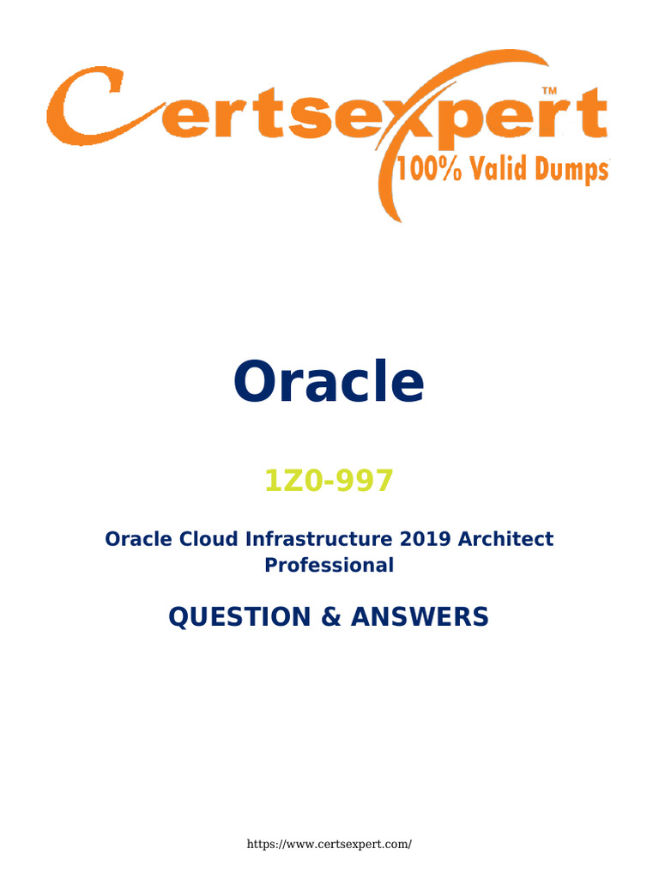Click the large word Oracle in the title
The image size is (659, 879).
(329, 381)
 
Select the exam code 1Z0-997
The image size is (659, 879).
(329, 481)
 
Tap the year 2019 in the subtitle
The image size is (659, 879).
(425, 539)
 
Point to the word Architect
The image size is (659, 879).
(505, 539)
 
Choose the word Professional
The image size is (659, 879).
(329, 565)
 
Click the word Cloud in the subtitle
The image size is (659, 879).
(209, 539)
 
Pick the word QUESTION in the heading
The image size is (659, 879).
(240, 616)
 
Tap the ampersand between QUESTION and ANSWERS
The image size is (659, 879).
(331, 616)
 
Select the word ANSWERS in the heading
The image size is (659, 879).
(420, 616)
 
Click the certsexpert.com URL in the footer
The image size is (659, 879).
(329, 845)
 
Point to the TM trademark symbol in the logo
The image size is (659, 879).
(549, 90)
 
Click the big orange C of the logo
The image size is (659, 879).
(84, 106)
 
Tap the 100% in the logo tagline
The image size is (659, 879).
(429, 169)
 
